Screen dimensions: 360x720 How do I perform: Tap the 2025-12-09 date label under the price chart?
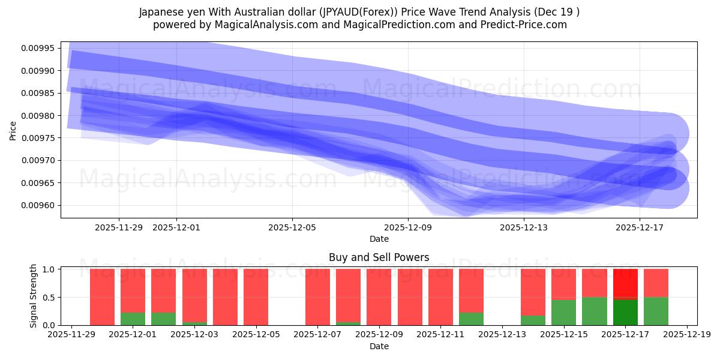408,227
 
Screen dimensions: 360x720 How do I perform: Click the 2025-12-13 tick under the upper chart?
524,227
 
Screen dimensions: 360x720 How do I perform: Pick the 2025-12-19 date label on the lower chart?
686,335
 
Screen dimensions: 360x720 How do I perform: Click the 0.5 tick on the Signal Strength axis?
50,298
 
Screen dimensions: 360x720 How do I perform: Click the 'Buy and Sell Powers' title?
379,258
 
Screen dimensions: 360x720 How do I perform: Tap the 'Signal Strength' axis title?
34,296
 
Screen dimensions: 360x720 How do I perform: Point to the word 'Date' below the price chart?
379,239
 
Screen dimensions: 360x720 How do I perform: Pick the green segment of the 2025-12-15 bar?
563,313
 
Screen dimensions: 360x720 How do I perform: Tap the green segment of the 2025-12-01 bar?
133,319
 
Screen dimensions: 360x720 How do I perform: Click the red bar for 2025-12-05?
256,297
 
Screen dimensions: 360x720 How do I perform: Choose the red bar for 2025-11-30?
102,297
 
